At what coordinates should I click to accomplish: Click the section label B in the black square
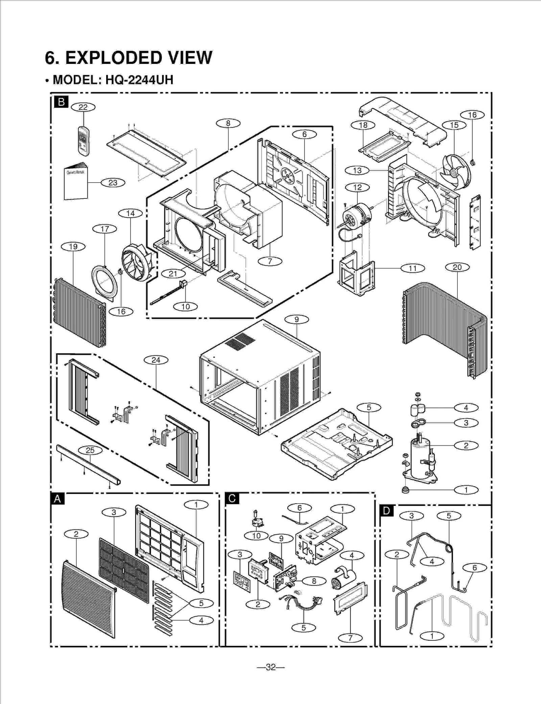(61, 102)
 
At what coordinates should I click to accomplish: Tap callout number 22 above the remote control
(83, 107)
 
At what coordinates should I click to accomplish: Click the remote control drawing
(84, 141)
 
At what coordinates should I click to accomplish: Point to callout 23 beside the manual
(113, 183)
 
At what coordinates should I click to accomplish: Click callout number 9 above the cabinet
(297, 319)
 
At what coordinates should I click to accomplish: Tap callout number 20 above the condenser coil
(457, 267)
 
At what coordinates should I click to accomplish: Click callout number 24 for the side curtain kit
(156, 360)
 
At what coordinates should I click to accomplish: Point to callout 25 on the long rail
(90, 450)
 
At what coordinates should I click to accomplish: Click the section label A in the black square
(57, 499)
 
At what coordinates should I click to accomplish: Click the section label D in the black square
(386, 511)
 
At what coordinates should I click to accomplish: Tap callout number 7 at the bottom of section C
(350, 638)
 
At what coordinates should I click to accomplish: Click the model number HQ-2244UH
(139, 80)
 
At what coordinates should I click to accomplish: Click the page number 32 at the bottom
(270, 667)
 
